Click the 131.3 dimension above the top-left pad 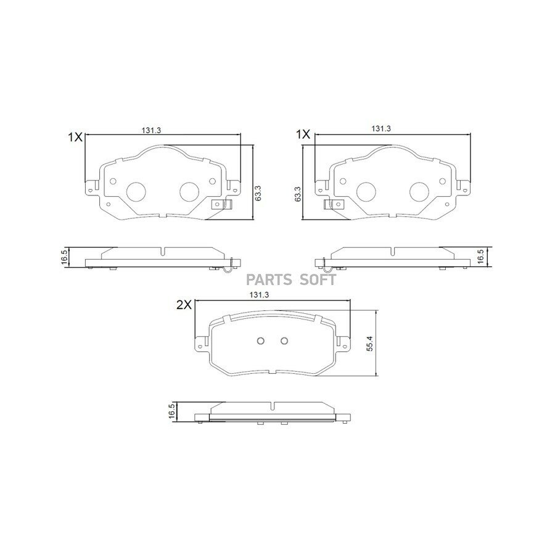(x=151, y=130)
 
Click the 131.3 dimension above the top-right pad (x=381, y=129)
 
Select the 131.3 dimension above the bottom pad (x=259, y=295)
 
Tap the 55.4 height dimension (x=370, y=343)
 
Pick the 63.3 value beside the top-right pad (x=298, y=194)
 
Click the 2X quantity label (x=184, y=305)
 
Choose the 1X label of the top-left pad (x=75, y=137)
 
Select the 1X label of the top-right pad (x=303, y=134)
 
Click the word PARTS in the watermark (x=269, y=280)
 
